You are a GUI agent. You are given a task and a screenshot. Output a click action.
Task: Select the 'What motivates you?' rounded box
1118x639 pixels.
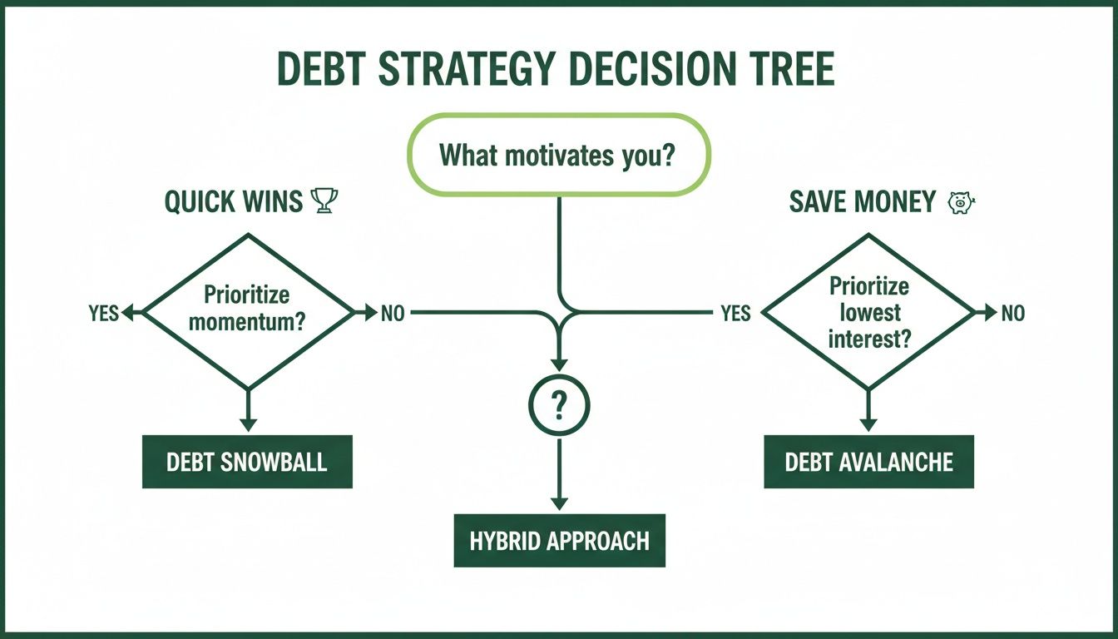point(557,155)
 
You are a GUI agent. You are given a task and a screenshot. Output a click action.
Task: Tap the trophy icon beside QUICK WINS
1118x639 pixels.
point(323,201)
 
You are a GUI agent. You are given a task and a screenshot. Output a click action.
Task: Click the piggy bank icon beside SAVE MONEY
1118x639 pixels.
point(962,201)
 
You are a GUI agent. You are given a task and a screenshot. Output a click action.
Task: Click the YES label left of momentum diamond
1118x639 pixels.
point(103,314)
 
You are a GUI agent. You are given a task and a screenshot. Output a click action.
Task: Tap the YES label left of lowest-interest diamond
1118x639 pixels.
point(735,314)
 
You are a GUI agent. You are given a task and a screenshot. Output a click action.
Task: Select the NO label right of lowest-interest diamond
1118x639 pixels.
point(1012,314)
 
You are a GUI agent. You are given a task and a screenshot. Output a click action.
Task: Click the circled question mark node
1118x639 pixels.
point(558,406)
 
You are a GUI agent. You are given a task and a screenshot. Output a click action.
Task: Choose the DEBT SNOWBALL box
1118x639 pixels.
point(247,463)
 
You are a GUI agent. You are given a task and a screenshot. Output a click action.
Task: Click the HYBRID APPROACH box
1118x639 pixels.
point(559,541)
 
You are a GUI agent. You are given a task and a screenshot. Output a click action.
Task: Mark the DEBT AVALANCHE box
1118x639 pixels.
point(868,463)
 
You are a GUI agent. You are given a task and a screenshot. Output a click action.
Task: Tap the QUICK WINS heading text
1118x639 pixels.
point(233,202)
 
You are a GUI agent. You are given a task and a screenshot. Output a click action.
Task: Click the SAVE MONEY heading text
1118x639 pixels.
point(862,201)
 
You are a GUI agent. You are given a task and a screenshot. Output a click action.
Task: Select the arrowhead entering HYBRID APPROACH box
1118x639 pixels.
point(559,503)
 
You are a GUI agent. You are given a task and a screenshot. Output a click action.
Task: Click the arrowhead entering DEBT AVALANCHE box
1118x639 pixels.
point(868,424)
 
